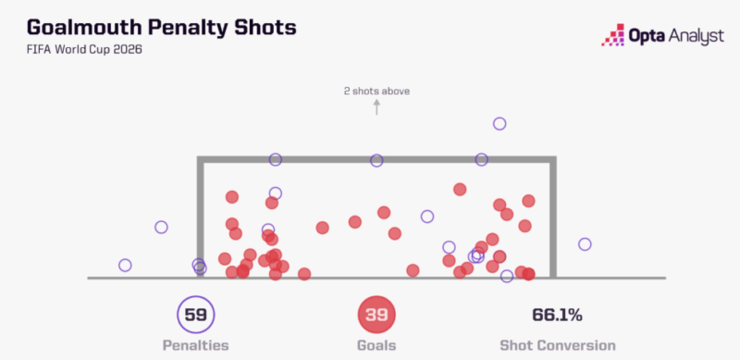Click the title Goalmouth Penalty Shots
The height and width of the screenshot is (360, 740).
161,28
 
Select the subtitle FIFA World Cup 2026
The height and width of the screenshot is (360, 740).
84,50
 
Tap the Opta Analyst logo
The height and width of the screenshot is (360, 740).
662,35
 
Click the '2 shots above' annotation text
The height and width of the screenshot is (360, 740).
376,92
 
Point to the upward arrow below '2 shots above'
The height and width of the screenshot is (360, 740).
376,107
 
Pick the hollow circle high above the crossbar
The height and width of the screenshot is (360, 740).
499,124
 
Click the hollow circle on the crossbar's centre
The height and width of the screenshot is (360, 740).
376,161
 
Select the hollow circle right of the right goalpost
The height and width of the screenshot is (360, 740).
585,244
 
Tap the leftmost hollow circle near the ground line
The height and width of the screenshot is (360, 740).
125,265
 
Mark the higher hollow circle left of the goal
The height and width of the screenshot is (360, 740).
161,228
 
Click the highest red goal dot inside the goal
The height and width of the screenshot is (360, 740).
460,190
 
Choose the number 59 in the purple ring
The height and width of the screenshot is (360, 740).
196,315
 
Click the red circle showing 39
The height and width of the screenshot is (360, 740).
376,315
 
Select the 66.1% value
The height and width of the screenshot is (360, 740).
558,315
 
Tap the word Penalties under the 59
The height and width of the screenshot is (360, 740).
196,345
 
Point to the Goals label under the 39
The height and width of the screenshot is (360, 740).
376,345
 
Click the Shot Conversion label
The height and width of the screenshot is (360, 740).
558,345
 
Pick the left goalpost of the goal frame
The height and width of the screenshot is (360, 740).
200,217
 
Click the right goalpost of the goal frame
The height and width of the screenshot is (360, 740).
553,217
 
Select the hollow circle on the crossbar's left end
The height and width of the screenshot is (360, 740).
276,160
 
